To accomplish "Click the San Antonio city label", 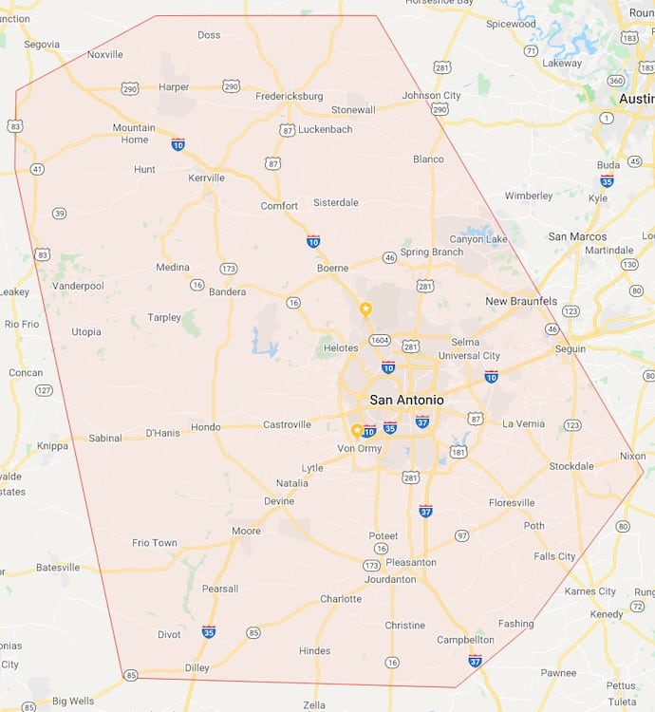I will coord(406,400).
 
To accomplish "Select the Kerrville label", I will coord(206,178).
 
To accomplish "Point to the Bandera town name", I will coord(227,291).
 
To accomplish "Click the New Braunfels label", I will coord(521,301).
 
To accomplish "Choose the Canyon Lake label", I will coord(477,239).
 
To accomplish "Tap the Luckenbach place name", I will coord(325,129).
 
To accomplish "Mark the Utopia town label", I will coord(86,331).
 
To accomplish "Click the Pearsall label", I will coord(220,589).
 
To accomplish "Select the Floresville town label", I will coord(512,502).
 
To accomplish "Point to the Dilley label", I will coord(196,667).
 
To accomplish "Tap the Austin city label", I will coord(636,99).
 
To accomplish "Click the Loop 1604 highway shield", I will coord(380,340).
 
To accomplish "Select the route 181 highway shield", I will coord(458,452).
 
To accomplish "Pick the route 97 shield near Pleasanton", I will coord(461,536).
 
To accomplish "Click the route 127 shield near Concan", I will coord(44,390).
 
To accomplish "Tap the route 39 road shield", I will coord(59,214).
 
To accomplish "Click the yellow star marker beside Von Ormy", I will coord(357,430).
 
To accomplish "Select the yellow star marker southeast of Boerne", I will coord(365,309).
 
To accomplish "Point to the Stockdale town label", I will coord(571,466).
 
